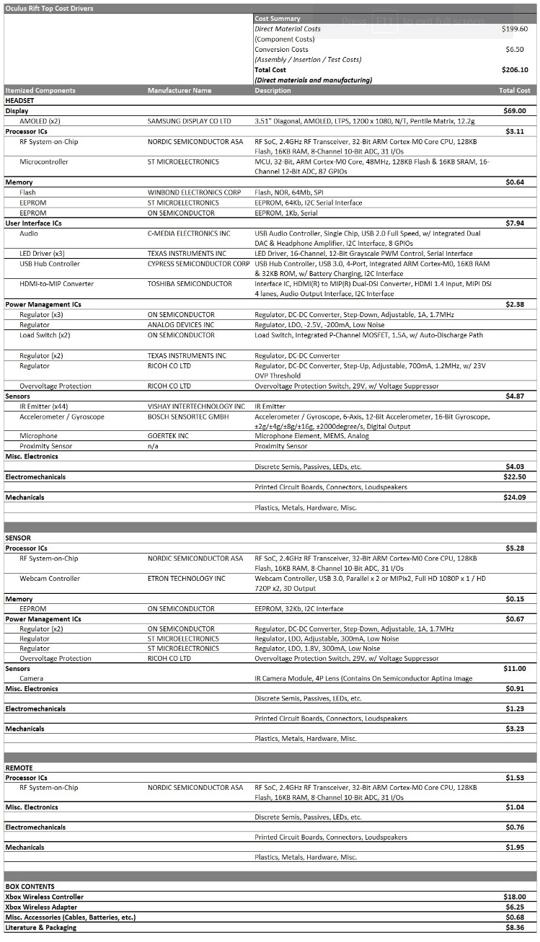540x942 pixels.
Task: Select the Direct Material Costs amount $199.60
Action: click(x=514, y=29)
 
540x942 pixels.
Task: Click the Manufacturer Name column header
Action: click(x=180, y=91)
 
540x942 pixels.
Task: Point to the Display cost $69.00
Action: click(x=514, y=111)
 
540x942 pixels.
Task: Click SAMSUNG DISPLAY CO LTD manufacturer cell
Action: click(x=189, y=121)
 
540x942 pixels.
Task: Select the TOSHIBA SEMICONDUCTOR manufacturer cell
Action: click(x=190, y=284)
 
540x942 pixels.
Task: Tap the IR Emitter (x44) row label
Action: click(x=44, y=406)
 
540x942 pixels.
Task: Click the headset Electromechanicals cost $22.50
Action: click(x=514, y=477)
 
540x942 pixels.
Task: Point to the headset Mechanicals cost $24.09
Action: click(x=514, y=497)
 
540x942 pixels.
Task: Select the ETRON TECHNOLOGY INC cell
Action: click(x=186, y=579)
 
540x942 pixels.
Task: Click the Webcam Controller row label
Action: click(x=50, y=579)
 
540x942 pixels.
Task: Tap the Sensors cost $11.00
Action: click(x=514, y=669)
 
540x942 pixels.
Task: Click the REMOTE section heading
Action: click(x=19, y=768)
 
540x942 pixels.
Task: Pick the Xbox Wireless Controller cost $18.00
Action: click(x=514, y=897)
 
